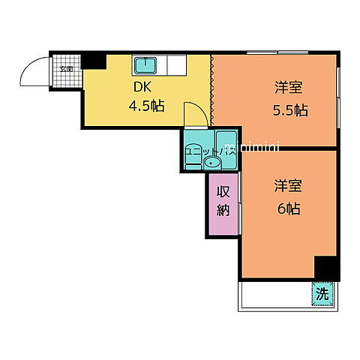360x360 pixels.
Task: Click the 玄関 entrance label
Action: tap(66, 70)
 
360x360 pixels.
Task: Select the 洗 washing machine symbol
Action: tap(322, 295)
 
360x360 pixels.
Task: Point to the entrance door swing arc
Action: tap(33, 72)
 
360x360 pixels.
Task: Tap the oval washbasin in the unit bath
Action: tap(214, 162)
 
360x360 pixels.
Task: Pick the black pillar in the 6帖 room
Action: tap(325, 266)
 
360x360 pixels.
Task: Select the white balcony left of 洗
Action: tap(274, 295)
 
